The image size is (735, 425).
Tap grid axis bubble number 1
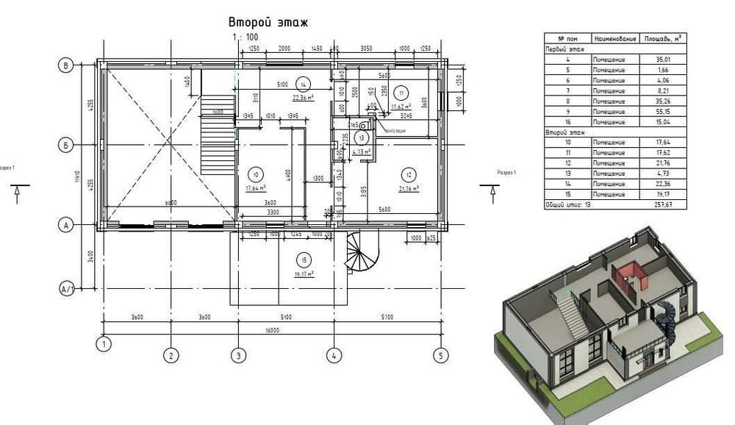click(x=104, y=343)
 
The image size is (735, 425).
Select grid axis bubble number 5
click(x=440, y=356)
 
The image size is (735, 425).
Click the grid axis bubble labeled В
click(x=67, y=66)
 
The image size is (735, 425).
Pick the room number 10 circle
click(x=255, y=175)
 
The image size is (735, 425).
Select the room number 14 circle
click(x=301, y=82)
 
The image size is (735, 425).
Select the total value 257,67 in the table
click(x=663, y=204)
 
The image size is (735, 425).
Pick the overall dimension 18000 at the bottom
click(x=271, y=329)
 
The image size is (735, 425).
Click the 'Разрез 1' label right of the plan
click(x=507, y=172)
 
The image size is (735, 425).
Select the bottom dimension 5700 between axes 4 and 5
click(x=387, y=317)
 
